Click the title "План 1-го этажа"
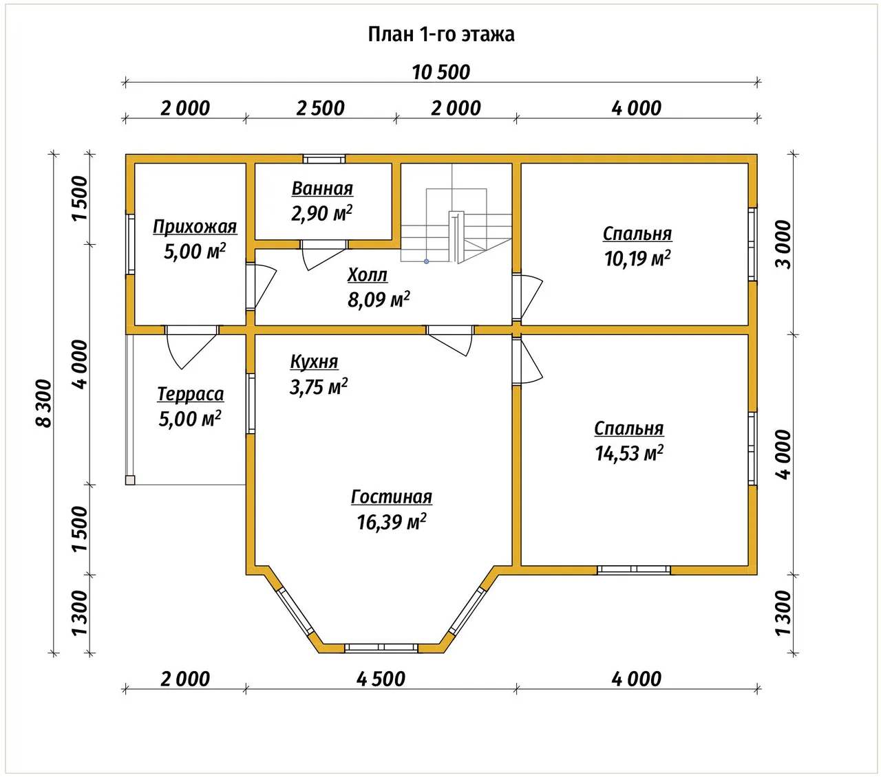coord(441,34)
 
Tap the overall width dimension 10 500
coord(441,72)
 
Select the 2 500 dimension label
coord(321,108)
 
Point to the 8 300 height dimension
coord(44,403)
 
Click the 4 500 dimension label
coord(381,679)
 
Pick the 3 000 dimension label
coord(783,244)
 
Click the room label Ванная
coord(322,188)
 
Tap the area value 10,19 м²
coord(637,259)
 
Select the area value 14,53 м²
coord(629,453)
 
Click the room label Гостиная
coord(392,496)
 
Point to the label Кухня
coord(314,362)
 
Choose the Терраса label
coord(191,394)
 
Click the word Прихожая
coord(195,226)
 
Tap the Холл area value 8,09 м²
coord(379,299)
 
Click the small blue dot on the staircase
coord(426,261)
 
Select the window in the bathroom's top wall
coord(324,159)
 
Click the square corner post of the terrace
coord(130,480)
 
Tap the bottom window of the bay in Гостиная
coord(381,648)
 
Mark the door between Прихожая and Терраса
coord(191,347)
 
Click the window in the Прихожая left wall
coord(130,244)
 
